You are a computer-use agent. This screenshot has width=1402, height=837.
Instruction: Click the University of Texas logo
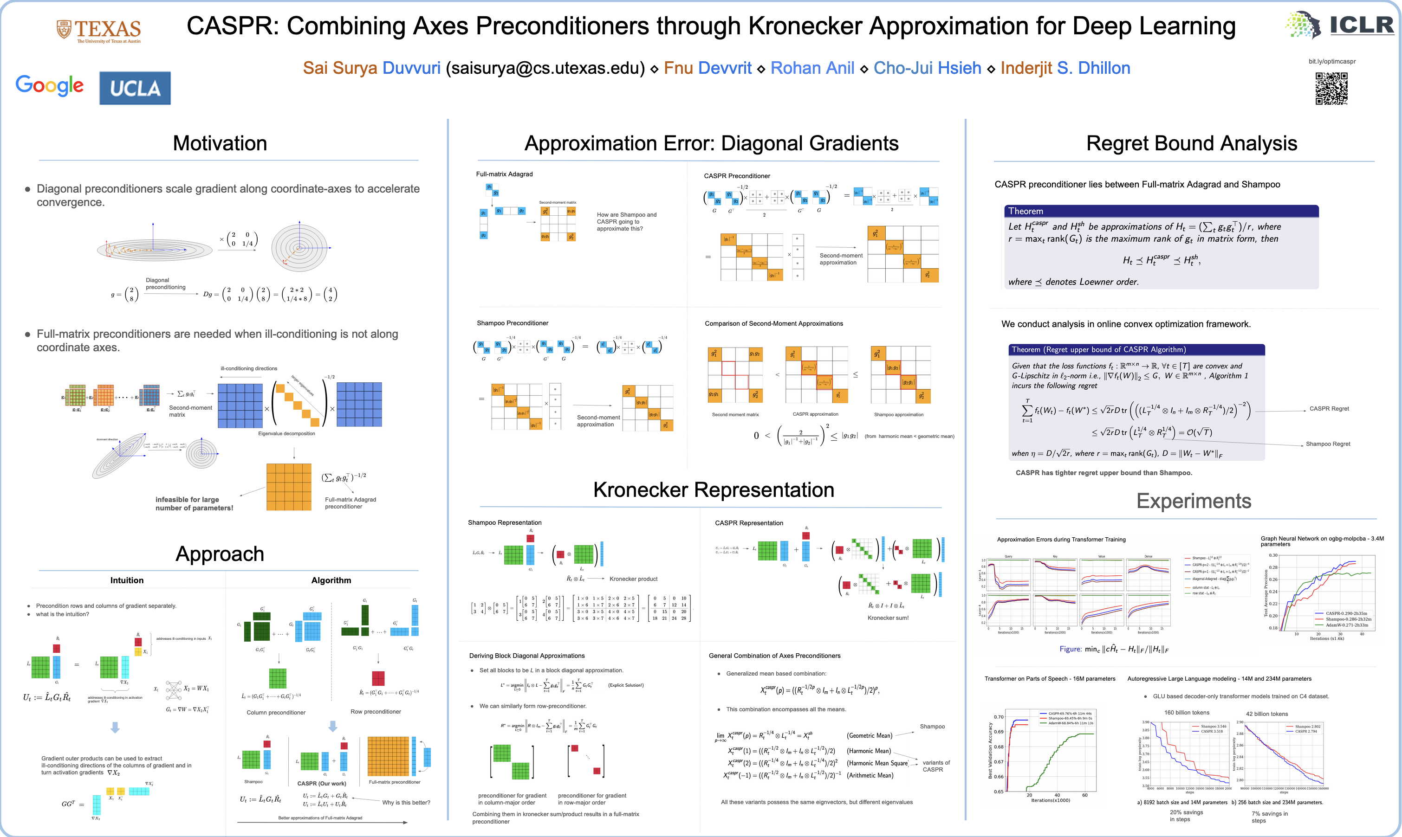coord(99,31)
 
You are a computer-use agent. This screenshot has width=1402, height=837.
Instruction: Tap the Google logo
coord(50,86)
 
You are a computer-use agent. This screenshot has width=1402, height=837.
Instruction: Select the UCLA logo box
coord(135,88)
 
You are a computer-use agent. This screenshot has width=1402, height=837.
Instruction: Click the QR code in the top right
coord(1331,89)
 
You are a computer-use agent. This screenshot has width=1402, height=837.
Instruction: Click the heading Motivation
coord(220,143)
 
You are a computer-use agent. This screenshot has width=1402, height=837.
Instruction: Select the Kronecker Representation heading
coord(713,489)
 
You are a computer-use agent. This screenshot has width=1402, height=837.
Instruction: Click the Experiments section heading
coord(1193,501)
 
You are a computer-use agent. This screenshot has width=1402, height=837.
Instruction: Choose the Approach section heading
coord(220,554)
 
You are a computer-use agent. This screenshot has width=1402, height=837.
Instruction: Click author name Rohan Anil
coord(812,68)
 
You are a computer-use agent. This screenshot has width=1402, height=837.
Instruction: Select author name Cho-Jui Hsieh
coord(927,68)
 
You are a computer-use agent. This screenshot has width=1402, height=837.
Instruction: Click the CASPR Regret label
coord(1329,409)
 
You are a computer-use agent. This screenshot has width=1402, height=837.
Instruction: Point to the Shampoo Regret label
coord(1328,444)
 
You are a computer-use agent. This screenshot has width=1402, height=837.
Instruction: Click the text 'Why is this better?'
coord(406,803)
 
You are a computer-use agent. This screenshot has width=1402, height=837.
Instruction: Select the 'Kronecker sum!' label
coord(888,618)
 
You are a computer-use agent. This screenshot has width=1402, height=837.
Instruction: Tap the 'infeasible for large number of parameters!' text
coord(194,504)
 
